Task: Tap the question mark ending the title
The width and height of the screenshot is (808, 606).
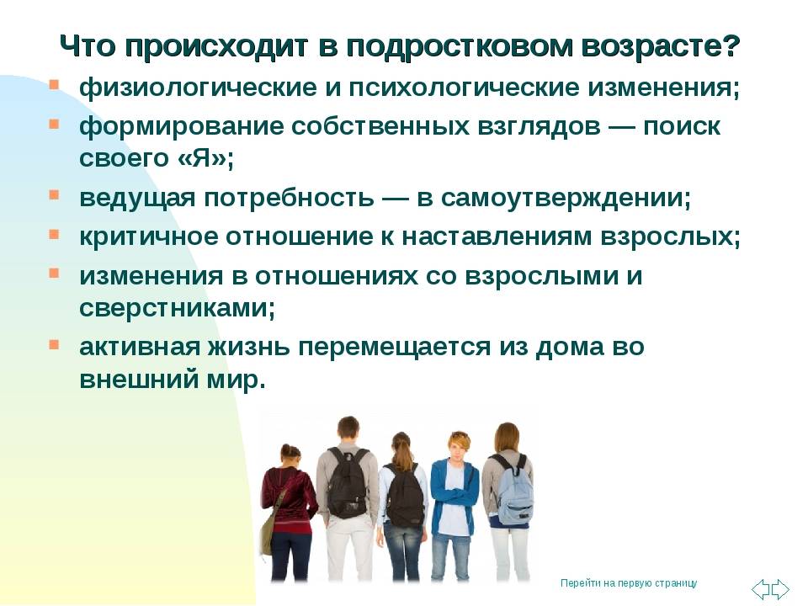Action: [731, 46]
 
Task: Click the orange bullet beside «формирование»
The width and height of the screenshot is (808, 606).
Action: [54, 124]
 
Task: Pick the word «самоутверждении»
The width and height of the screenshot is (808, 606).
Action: [562, 199]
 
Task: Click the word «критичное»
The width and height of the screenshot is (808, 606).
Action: [148, 237]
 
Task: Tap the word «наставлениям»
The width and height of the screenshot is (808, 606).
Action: [497, 237]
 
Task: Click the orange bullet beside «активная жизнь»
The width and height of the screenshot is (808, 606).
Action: [54, 343]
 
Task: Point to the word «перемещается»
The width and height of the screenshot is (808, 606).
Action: [394, 348]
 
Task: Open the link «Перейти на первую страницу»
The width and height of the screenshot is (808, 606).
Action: [629, 583]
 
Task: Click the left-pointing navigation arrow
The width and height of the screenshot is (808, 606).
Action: [761, 588]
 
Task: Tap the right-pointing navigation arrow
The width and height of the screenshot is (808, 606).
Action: [780, 588]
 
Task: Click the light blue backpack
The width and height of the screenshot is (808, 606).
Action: [513, 490]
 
